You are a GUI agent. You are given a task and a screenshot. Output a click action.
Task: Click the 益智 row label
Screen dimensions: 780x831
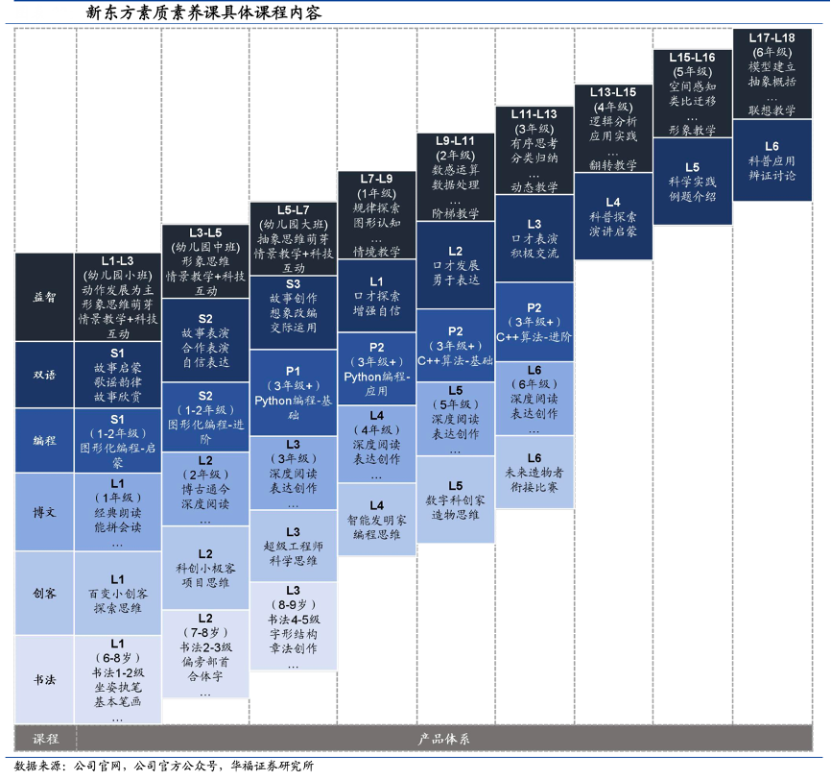tap(44, 297)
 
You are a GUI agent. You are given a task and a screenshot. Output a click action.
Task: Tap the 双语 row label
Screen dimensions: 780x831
tap(44, 375)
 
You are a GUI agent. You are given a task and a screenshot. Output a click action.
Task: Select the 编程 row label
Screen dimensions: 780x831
tap(44, 440)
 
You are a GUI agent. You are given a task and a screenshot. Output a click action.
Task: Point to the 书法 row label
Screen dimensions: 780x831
tap(44, 679)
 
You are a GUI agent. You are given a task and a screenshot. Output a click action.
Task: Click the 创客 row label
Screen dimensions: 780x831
tap(44, 593)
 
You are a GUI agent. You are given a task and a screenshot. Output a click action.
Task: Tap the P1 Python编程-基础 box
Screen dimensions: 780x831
tap(293, 393)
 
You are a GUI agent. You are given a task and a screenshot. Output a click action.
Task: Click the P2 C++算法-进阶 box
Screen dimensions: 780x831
tap(534, 322)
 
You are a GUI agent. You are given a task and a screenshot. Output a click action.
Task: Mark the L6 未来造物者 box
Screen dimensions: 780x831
tap(534, 473)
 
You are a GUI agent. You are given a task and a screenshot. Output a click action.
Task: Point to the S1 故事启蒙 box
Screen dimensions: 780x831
tap(117, 375)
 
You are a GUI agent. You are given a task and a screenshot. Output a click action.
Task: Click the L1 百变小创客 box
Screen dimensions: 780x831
tap(117, 593)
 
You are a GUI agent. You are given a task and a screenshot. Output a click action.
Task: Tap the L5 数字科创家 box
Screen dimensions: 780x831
tap(455, 500)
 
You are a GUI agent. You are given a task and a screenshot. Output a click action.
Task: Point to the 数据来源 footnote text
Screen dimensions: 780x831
tap(164, 766)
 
